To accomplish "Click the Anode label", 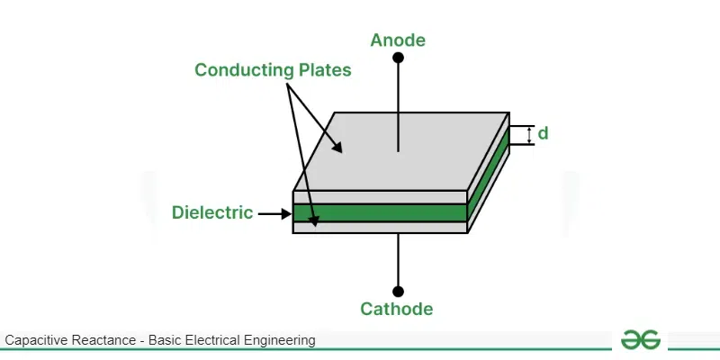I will [398, 40].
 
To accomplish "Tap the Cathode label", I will [397, 310].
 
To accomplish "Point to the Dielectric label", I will [211, 213].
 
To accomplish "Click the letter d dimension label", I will [543, 134].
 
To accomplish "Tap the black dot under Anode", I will [398, 58].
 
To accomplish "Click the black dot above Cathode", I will [398, 292].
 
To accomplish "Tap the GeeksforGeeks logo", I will [642, 340].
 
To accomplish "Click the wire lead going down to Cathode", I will [398, 261].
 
